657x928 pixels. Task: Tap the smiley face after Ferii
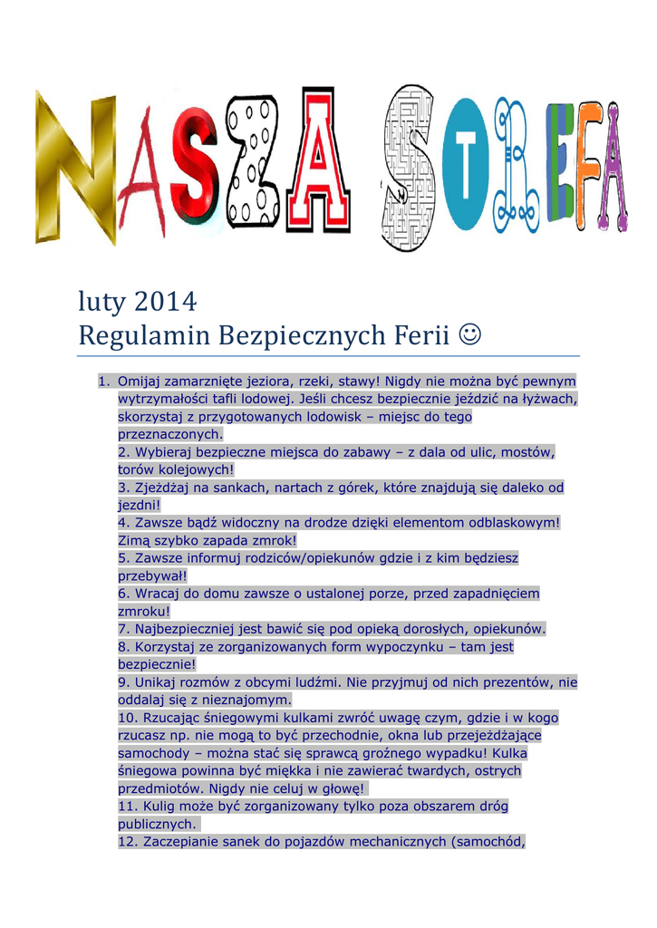point(470,336)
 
